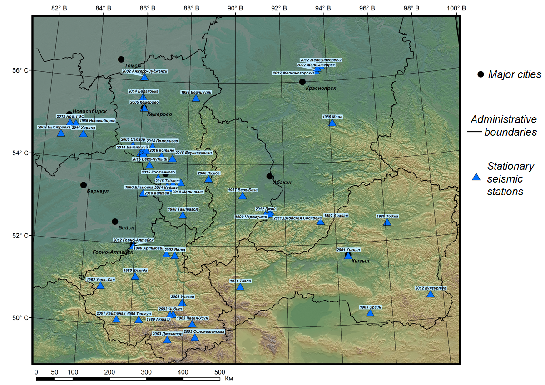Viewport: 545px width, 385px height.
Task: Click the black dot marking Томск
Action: tap(121, 59)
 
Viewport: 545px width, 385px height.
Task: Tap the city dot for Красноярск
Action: tap(302, 82)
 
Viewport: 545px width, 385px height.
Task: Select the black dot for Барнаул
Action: tap(84, 185)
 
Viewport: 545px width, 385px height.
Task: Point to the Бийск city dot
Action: tap(115, 222)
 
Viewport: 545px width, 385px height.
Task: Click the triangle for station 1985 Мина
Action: tap(332, 123)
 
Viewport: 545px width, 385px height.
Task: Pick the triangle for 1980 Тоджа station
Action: tap(387, 222)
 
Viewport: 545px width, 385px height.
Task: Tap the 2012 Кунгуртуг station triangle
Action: tap(431, 294)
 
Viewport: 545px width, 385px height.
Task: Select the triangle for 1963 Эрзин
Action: tap(370, 313)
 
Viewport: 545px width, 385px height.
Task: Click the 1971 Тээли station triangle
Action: tap(240, 287)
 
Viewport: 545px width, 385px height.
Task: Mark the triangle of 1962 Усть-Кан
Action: tap(101, 286)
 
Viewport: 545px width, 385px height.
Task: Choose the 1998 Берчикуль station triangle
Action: tap(196, 98)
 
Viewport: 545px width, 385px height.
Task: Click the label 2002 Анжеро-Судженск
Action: tap(145, 71)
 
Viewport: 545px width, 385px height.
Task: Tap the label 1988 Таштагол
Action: tap(183, 209)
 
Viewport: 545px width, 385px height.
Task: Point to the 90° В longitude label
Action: tap(235, 8)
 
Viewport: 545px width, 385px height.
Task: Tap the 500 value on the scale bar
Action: tap(220, 372)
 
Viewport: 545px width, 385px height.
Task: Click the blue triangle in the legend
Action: tap(476, 177)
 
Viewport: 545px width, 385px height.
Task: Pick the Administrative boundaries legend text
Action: tap(503, 126)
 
